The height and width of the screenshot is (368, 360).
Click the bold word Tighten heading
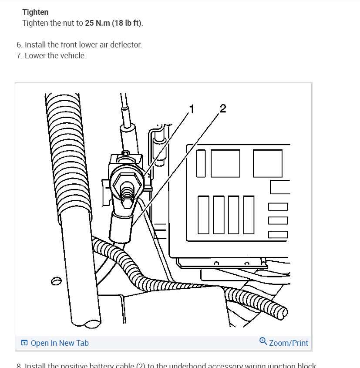(35, 12)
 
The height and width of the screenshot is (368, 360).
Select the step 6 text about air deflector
(83, 45)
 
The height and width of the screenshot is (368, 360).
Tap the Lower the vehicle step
(55, 56)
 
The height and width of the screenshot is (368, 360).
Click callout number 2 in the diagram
(222, 108)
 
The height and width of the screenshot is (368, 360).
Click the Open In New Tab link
(60, 343)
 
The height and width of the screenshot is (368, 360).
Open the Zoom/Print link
(288, 343)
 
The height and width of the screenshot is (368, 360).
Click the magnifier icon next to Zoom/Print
(263, 341)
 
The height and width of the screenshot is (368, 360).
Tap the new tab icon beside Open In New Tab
(24, 343)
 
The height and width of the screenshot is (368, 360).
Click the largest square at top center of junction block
(225, 163)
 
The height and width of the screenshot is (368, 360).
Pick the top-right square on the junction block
(267, 163)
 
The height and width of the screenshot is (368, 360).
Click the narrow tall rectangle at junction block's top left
(201, 163)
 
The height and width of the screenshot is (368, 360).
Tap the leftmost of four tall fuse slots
(203, 215)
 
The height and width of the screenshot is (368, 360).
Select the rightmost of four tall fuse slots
(249, 215)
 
